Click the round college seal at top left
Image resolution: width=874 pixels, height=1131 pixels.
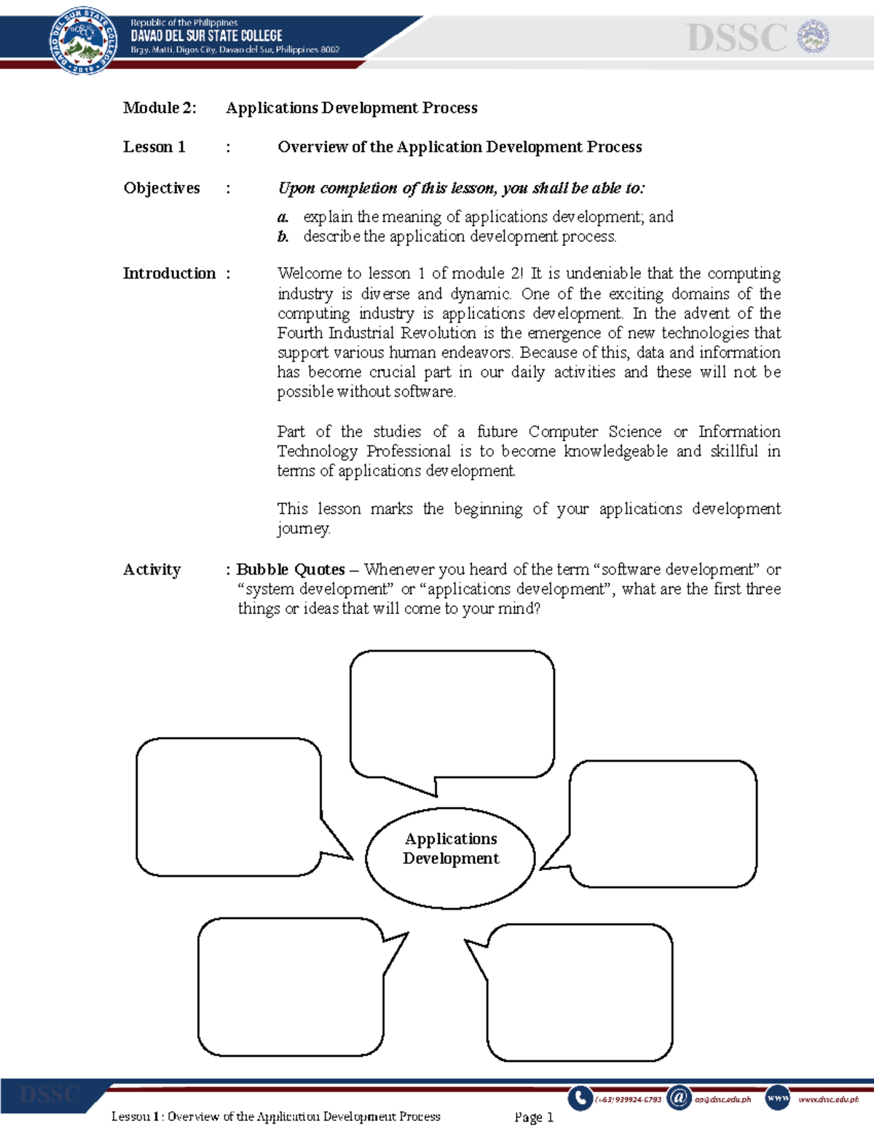[x=82, y=40]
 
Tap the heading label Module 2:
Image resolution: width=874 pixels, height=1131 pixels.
[x=160, y=108]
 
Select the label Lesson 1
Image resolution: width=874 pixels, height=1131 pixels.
[x=154, y=147]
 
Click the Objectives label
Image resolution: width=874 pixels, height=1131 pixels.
[x=161, y=188]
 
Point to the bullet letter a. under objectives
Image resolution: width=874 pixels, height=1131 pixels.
[x=283, y=217]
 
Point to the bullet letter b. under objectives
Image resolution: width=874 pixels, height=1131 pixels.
[x=283, y=237]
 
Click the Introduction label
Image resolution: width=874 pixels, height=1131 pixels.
[x=169, y=274]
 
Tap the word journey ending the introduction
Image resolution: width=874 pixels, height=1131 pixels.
[x=303, y=529]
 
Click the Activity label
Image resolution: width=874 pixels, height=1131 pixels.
[x=151, y=570]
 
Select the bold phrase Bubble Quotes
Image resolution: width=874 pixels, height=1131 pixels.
[x=290, y=570]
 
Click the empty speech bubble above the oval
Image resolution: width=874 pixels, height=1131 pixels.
[x=452, y=714]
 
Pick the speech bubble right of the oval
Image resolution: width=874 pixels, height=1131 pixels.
[x=663, y=823]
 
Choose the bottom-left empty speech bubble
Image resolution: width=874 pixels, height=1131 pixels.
[x=291, y=987]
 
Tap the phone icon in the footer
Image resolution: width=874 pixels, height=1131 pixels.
[x=580, y=1097]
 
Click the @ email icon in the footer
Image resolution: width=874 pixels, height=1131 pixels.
[x=678, y=1097]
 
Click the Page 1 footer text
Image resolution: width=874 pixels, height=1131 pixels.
[x=534, y=1116]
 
